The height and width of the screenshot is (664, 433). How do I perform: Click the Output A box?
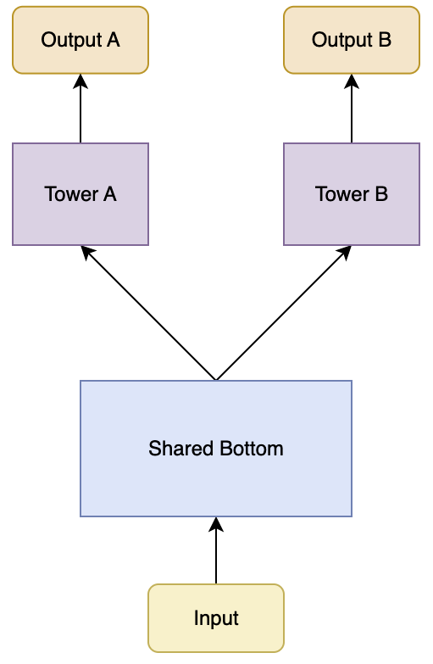pos(80,40)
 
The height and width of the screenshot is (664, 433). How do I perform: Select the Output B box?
pos(352,40)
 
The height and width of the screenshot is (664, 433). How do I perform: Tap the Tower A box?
pos(80,194)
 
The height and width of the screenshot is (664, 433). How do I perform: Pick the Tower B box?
pos(352,194)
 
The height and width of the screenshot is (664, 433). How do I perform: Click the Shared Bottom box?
pos(216,449)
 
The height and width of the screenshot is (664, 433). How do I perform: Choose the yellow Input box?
pos(216,618)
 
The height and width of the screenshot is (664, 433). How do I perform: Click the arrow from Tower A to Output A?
pos(80,109)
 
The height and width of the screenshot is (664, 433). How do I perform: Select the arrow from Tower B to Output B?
pos(352,109)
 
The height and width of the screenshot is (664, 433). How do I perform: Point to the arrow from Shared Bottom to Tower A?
pos(148,313)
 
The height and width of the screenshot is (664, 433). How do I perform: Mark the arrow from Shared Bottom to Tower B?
pos(284,313)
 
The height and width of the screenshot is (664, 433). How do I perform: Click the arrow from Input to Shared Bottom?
pos(216,550)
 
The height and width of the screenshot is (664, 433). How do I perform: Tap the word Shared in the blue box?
pos(180,449)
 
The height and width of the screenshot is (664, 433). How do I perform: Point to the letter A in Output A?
pos(113,40)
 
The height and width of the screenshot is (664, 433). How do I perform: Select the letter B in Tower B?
pos(381,194)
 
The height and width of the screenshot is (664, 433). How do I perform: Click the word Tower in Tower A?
pos(71,194)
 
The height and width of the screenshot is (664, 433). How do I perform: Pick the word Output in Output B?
pos(342,41)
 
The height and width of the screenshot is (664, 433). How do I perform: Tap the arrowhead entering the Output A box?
pos(80,81)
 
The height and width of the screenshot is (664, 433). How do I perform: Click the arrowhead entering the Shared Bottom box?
pos(216,524)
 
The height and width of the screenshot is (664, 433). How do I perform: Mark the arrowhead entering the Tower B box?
pos(346,252)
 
